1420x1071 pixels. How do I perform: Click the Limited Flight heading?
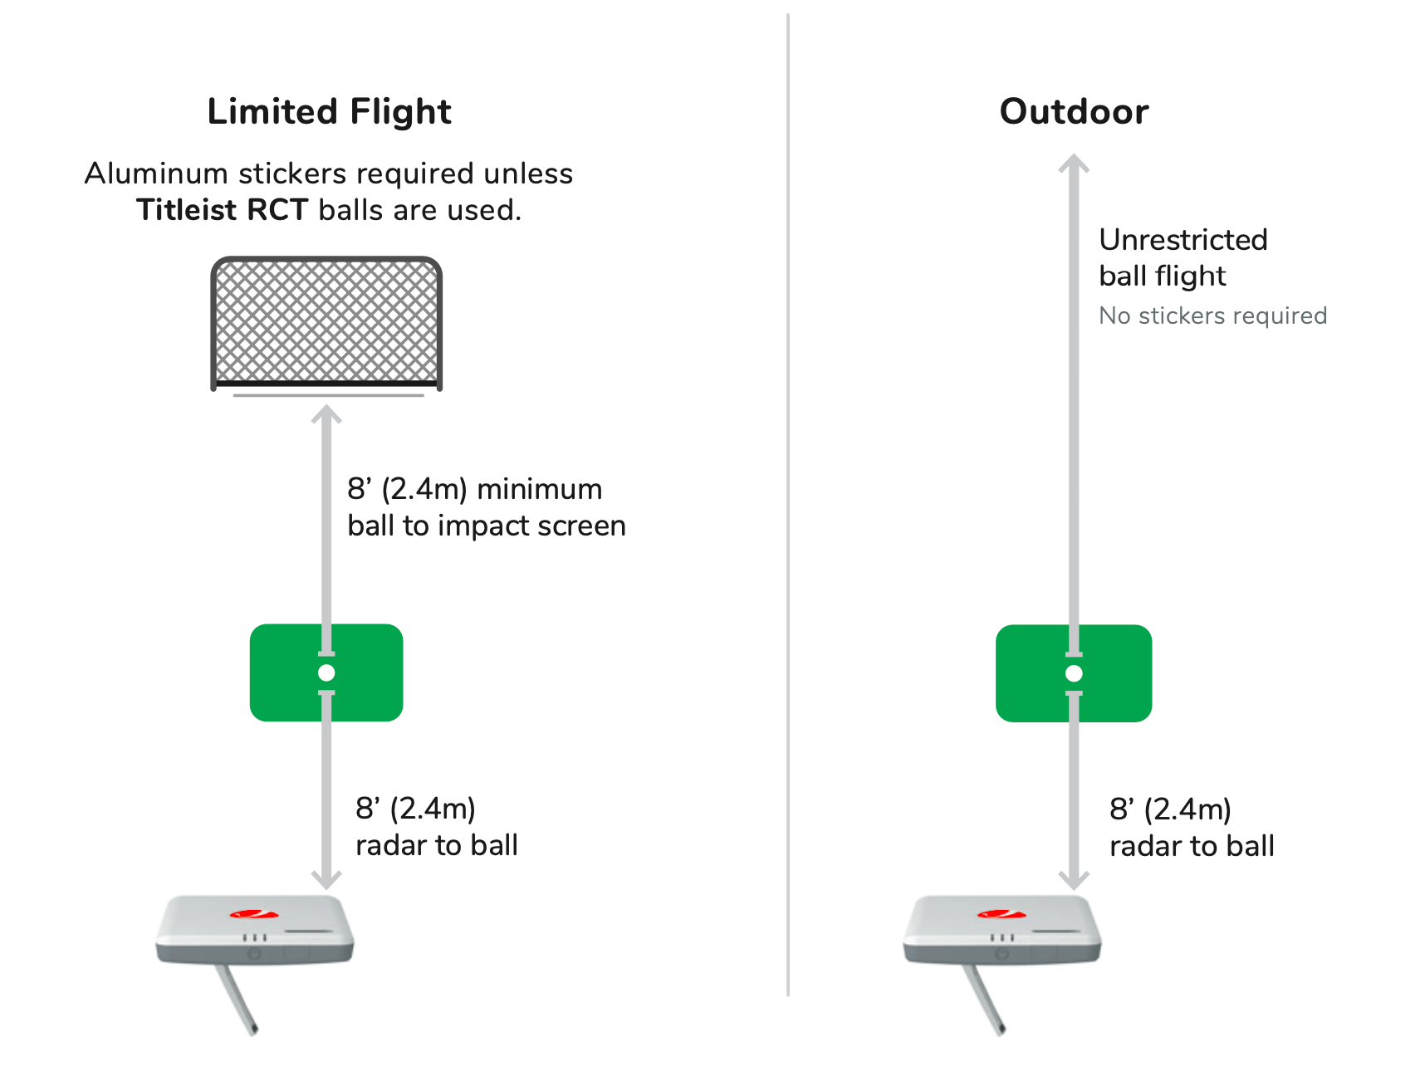329,111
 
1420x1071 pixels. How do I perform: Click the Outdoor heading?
1074,111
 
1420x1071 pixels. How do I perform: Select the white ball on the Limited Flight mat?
326,672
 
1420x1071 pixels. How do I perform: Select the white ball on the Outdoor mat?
1074,673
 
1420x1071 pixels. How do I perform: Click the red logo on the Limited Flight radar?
253,914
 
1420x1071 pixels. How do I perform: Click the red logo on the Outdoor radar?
1001,914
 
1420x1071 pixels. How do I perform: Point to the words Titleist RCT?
223,210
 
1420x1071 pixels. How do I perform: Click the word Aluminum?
156,174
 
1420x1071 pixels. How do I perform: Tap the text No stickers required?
1212,315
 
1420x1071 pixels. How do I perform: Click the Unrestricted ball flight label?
1183,257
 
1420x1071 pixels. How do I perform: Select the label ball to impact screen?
487,526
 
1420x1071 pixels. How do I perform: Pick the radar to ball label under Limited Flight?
437,845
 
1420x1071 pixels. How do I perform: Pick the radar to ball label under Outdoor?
1192,846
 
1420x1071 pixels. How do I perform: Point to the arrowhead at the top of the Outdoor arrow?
1074,163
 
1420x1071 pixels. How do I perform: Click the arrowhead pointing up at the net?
326,413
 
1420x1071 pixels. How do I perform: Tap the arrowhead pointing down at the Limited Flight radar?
326,879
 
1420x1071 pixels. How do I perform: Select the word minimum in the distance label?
539,489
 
